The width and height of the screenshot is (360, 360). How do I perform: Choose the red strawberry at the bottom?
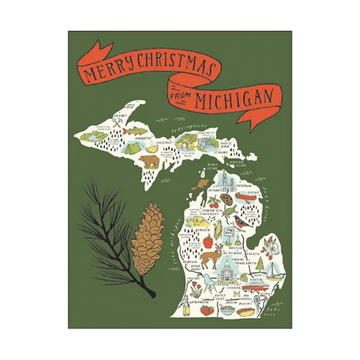[x=207, y=310]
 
